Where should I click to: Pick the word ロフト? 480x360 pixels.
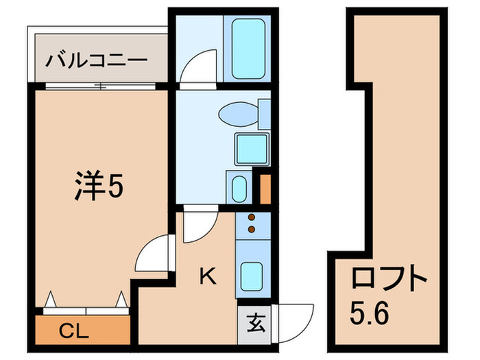(x=389, y=280)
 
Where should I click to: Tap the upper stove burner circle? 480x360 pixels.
(x=251, y=217)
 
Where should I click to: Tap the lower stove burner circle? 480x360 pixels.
(x=251, y=228)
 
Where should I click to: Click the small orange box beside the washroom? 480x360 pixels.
(x=265, y=189)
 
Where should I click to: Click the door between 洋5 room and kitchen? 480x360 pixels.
(x=152, y=254)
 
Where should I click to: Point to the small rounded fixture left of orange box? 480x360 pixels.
(x=239, y=189)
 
